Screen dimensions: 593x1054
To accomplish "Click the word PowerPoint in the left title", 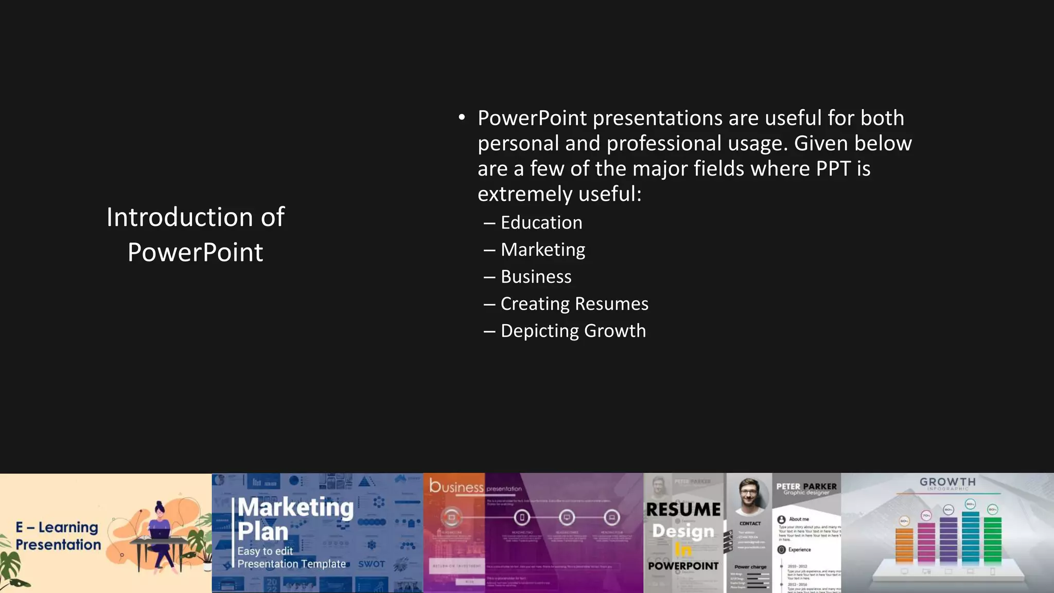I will pos(195,252).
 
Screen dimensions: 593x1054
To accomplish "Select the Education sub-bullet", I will pos(541,222).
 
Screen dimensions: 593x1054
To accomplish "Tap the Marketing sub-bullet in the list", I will pos(542,250).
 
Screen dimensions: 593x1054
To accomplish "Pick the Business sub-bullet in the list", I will pos(536,277).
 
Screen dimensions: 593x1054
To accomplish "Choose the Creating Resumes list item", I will pos(574,304).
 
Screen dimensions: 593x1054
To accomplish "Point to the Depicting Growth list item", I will pos(573,330).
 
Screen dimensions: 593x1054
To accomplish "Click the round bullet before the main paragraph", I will pos(462,118).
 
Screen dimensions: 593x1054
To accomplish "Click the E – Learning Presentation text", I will pos(58,536).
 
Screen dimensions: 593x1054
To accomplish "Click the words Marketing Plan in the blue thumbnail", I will pos(295,519).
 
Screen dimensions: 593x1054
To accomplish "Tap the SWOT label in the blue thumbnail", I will pos(372,564).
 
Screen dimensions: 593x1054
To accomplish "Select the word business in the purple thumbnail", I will pos(456,486).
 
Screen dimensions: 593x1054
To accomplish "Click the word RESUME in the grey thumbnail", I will pos(683,509).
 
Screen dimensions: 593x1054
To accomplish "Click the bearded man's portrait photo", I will pos(749,494).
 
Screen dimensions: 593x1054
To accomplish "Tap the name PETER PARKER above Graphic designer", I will pos(806,486).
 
